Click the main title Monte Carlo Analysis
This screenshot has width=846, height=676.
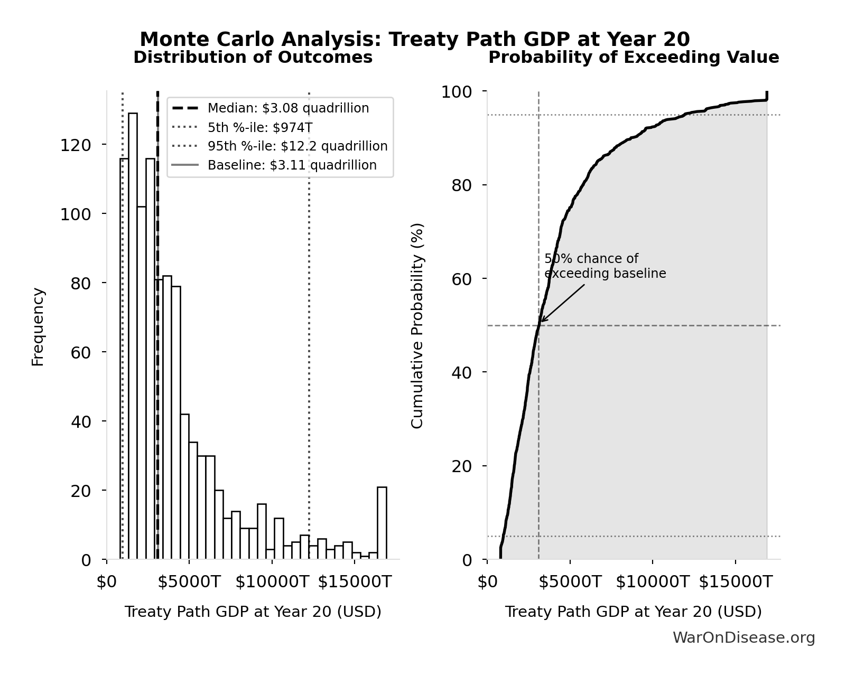tap(415, 40)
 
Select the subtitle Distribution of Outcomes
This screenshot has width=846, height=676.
tap(253, 58)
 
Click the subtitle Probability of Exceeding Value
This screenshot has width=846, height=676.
tap(633, 58)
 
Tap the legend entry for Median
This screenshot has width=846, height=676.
tap(288, 108)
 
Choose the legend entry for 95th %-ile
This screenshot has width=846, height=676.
tap(297, 146)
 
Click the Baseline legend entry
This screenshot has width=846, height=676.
tap(292, 165)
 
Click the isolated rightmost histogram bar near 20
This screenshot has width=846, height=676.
tap(382, 523)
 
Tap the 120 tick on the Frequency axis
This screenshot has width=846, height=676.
tap(76, 145)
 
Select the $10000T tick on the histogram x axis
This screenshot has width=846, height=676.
tap(272, 582)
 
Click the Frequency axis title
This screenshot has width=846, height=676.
tap(38, 326)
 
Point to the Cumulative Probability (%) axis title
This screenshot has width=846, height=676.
tap(417, 325)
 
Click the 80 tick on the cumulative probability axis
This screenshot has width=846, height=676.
tap(462, 185)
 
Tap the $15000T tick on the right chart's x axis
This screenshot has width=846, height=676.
tap(735, 582)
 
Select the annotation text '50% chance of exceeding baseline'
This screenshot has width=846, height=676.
tap(605, 266)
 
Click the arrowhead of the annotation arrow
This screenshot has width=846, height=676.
tap(542, 321)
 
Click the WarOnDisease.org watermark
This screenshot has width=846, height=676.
tap(743, 638)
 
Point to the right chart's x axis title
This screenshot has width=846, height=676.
tap(633, 612)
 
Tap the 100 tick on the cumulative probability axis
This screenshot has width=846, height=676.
tap(457, 92)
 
